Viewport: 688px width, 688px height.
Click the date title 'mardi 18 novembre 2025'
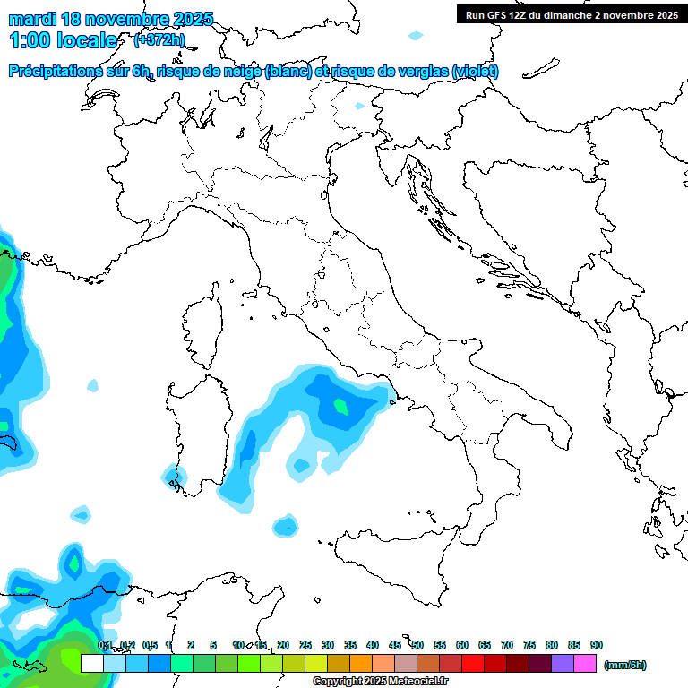[111, 19]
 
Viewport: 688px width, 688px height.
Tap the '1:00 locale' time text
[64, 40]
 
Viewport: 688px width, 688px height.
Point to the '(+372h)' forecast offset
[159, 39]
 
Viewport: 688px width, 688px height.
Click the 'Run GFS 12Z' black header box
[572, 14]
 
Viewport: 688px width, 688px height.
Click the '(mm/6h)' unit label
[624, 665]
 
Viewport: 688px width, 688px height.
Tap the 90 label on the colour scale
[597, 645]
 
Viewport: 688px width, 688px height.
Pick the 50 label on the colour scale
[417, 645]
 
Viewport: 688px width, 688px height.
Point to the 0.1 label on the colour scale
[105, 645]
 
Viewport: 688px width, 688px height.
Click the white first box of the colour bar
[91, 664]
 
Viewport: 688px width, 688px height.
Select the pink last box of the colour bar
[585, 664]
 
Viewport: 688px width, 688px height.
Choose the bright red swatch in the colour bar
[473, 664]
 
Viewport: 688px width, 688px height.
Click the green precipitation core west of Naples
[340, 406]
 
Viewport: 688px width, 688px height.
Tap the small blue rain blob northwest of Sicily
[286, 526]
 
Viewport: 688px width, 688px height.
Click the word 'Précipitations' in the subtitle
[54, 72]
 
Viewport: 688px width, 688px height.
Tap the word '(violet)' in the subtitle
[476, 72]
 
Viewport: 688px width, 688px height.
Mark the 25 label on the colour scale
[305, 645]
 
